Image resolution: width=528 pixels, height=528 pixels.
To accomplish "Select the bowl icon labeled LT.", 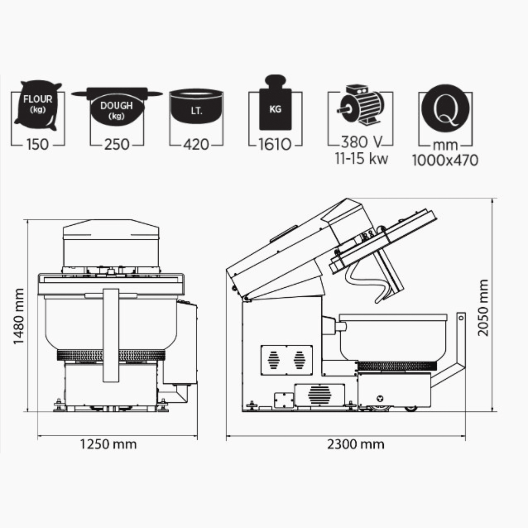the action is tap(196, 106).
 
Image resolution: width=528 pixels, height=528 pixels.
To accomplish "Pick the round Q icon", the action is tap(445, 109).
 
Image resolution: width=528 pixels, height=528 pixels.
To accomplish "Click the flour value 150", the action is tap(38, 144).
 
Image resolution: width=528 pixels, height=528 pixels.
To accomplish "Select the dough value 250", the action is tap(117, 144).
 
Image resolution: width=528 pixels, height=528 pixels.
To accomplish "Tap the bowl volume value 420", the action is tap(196, 144).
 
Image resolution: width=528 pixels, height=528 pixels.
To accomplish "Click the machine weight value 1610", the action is tap(275, 144).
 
